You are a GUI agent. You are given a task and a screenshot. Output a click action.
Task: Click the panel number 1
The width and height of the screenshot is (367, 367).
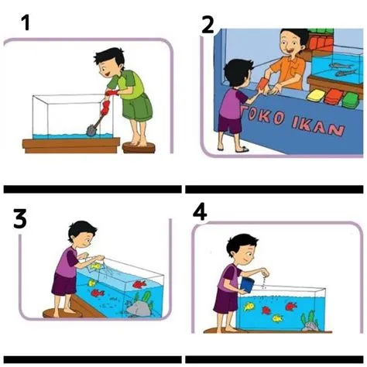click(26, 22)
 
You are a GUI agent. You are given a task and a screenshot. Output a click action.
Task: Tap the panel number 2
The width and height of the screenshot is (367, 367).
click(208, 26)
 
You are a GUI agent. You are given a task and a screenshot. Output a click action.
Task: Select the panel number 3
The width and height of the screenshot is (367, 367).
click(20, 219)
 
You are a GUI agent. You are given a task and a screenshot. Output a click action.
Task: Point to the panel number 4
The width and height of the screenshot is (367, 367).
click(200, 212)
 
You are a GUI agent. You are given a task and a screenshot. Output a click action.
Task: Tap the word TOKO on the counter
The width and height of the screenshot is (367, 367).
click(262, 116)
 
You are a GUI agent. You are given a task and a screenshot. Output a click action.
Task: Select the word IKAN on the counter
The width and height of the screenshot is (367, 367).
click(319, 126)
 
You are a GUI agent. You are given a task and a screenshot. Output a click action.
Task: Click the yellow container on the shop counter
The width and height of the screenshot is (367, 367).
click(316, 96)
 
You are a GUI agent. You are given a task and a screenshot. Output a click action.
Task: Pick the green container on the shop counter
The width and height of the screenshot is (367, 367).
click(350, 100)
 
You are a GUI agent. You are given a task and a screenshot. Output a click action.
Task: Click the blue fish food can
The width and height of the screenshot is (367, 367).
click(247, 285)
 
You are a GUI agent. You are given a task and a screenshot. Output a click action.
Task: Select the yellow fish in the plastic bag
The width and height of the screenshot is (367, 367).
click(95, 266)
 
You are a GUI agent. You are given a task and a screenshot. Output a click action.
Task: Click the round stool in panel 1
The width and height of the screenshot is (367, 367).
click(139, 148)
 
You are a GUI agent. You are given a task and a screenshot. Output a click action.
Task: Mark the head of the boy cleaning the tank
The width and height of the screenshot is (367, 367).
click(109, 63)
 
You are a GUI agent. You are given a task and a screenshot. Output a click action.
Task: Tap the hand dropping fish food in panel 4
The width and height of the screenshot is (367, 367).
click(265, 272)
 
